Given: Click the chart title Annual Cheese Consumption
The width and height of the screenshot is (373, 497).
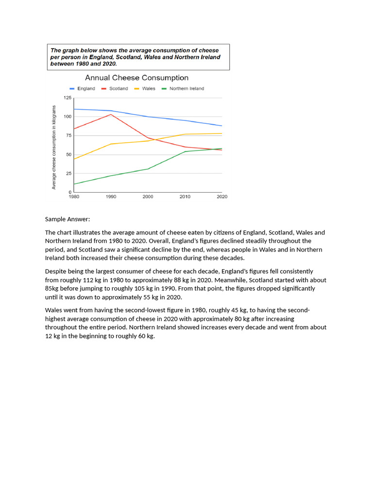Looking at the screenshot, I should (136, 78).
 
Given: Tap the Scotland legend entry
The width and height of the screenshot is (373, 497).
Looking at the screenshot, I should (115, 89).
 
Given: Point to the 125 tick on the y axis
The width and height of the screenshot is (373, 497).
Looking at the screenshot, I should (67, 98).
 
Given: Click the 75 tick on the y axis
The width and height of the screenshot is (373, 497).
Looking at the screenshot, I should (68, 136).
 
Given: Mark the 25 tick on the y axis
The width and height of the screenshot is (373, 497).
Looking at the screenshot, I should (68, 174).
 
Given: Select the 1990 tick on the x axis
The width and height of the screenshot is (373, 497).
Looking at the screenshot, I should (111, 197).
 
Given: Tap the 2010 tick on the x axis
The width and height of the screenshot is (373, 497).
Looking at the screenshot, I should (185, 197).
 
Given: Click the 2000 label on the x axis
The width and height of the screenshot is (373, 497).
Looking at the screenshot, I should (148, 197).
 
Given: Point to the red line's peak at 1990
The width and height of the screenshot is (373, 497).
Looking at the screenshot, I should (111, 115).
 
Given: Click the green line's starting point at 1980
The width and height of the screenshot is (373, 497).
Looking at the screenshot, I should (74, 184).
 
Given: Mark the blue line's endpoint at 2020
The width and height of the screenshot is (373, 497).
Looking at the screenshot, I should (221, 126).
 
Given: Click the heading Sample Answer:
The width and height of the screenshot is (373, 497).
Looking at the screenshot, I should (68, 219).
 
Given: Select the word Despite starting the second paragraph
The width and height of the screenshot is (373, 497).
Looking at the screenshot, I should (56, 271).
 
